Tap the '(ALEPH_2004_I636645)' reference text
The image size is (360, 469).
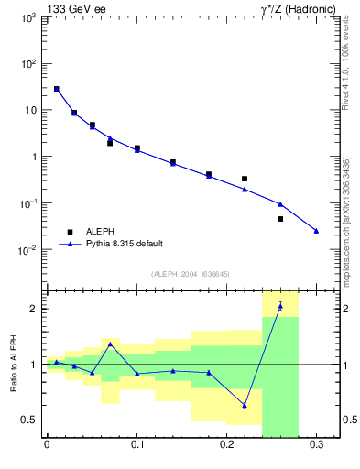pos(190,273)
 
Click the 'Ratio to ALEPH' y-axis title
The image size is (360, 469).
pos(13,364)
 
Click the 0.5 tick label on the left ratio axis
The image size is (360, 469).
pos(29,420)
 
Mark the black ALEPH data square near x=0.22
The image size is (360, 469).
pos(245,179)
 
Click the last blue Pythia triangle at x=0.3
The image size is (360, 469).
pos(316,231)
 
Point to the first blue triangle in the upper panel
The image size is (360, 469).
pos(56,89)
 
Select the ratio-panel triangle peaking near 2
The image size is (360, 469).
pos(280,306)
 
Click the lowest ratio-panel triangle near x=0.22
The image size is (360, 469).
pos(245,405)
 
